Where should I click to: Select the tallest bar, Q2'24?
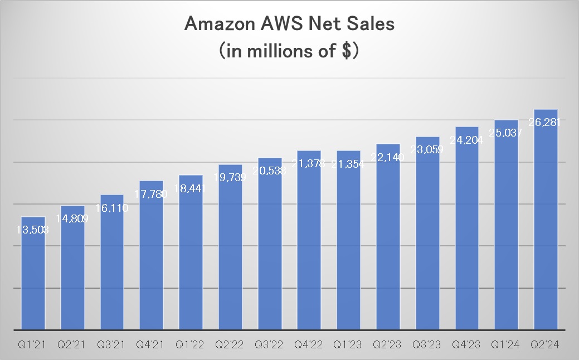546,223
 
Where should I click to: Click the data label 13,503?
32,230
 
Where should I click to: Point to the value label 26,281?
546,122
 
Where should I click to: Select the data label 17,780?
151,194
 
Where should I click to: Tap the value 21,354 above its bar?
348,164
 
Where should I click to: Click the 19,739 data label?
230,178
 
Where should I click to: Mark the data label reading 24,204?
467,140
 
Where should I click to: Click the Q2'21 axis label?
72,346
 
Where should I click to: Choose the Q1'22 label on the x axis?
191,346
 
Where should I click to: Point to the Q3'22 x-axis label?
269,346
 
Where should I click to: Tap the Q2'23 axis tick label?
388,346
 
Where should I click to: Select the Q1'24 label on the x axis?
507,346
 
